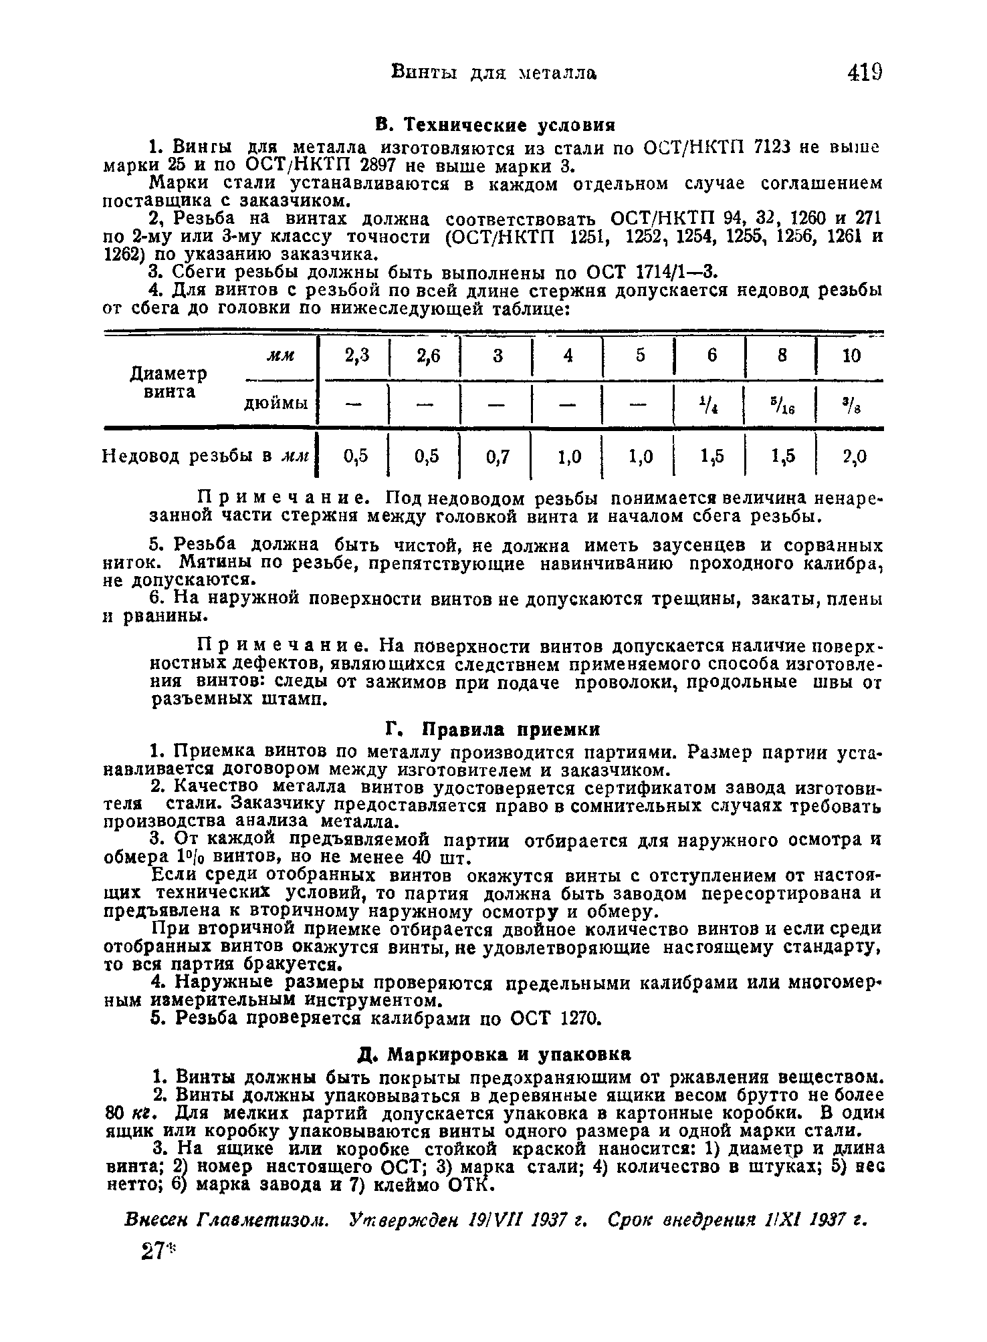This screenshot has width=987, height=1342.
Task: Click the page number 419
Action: tap(865, 71)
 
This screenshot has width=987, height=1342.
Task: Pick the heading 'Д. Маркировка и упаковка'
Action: tap(494, 1055)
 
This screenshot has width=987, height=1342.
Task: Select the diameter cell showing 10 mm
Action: tap(851, 356)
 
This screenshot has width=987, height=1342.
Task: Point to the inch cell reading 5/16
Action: tap(780, 404)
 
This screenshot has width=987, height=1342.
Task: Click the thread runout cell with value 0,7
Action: tap(498, 456)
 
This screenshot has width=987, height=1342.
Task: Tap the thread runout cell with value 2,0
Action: tap(854, 456)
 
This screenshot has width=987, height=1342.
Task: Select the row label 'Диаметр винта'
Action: tap(168, 382)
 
